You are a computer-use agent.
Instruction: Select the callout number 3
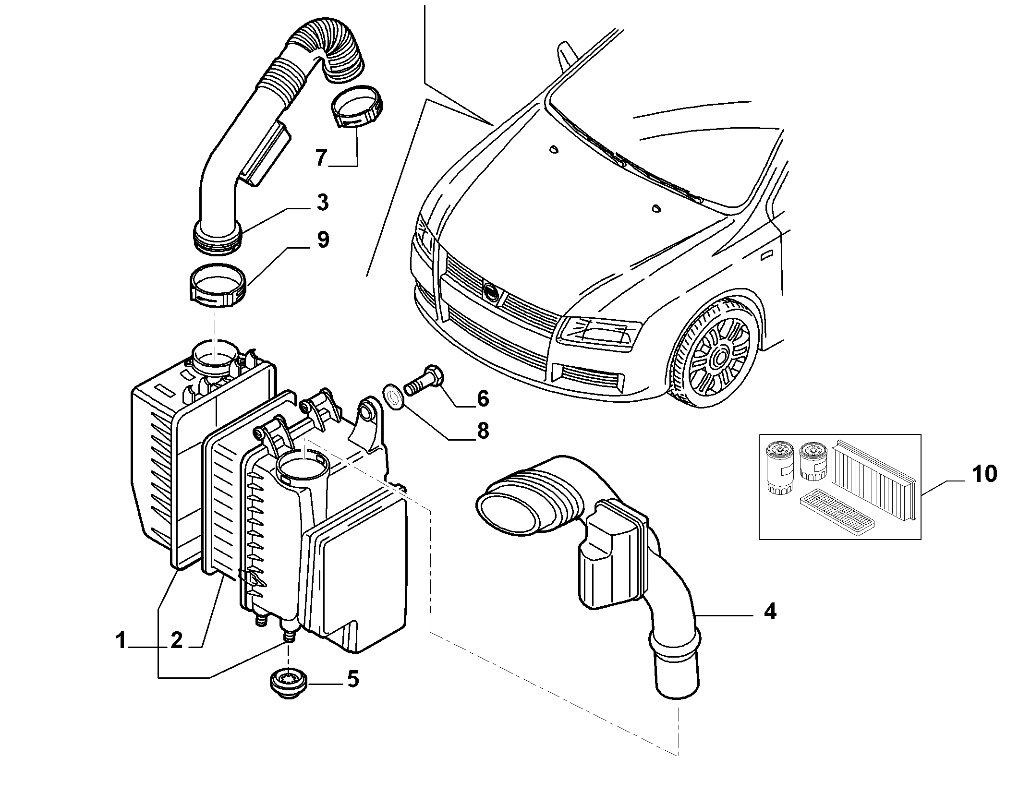tap(323, 202)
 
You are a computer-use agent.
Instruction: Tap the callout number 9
tap(323, 240)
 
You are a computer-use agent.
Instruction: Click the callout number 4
tap(770, 612)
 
